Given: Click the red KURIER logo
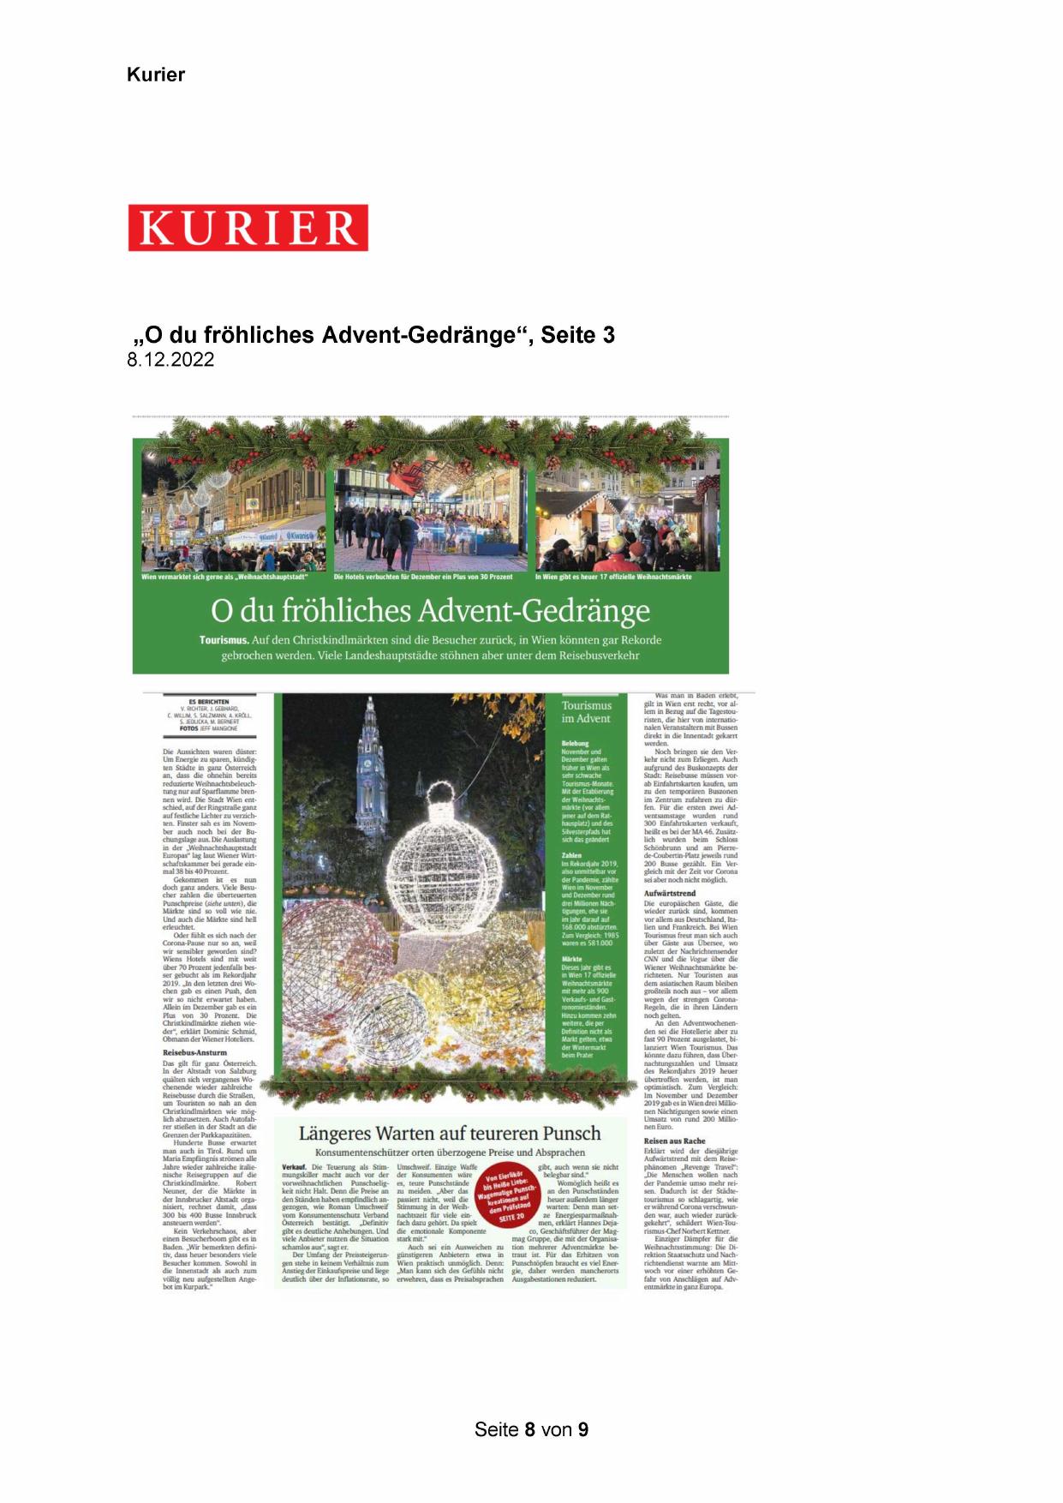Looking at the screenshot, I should click(248, 228).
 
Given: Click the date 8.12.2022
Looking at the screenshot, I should click(170, 360).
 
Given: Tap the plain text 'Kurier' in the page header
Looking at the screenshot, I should click(156, 75).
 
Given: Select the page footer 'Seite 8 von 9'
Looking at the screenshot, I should click(531, 1429).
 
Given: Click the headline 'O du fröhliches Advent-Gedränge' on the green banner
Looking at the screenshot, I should click(430, 611).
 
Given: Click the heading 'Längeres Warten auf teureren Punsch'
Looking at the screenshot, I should click(450, 1134).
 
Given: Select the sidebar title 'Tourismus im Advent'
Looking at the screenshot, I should click(587, 712).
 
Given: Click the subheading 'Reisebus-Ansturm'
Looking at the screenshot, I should click(194, 1052).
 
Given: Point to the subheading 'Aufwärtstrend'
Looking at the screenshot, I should click(671, 893).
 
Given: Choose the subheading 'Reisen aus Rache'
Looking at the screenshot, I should click(675, 1141).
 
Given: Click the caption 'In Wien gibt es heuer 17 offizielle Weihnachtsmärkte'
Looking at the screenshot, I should click(613, 577).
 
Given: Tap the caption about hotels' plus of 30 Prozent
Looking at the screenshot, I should click(423, 577).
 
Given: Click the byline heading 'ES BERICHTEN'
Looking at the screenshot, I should click(208, 702).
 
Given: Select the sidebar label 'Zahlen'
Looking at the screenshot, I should click(571, 855).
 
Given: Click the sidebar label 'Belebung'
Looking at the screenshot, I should click(575, 744).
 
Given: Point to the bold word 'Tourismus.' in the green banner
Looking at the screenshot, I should click(224, 640).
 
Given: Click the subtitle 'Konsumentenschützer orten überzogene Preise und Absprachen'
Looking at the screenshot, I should click(450, 1153).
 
